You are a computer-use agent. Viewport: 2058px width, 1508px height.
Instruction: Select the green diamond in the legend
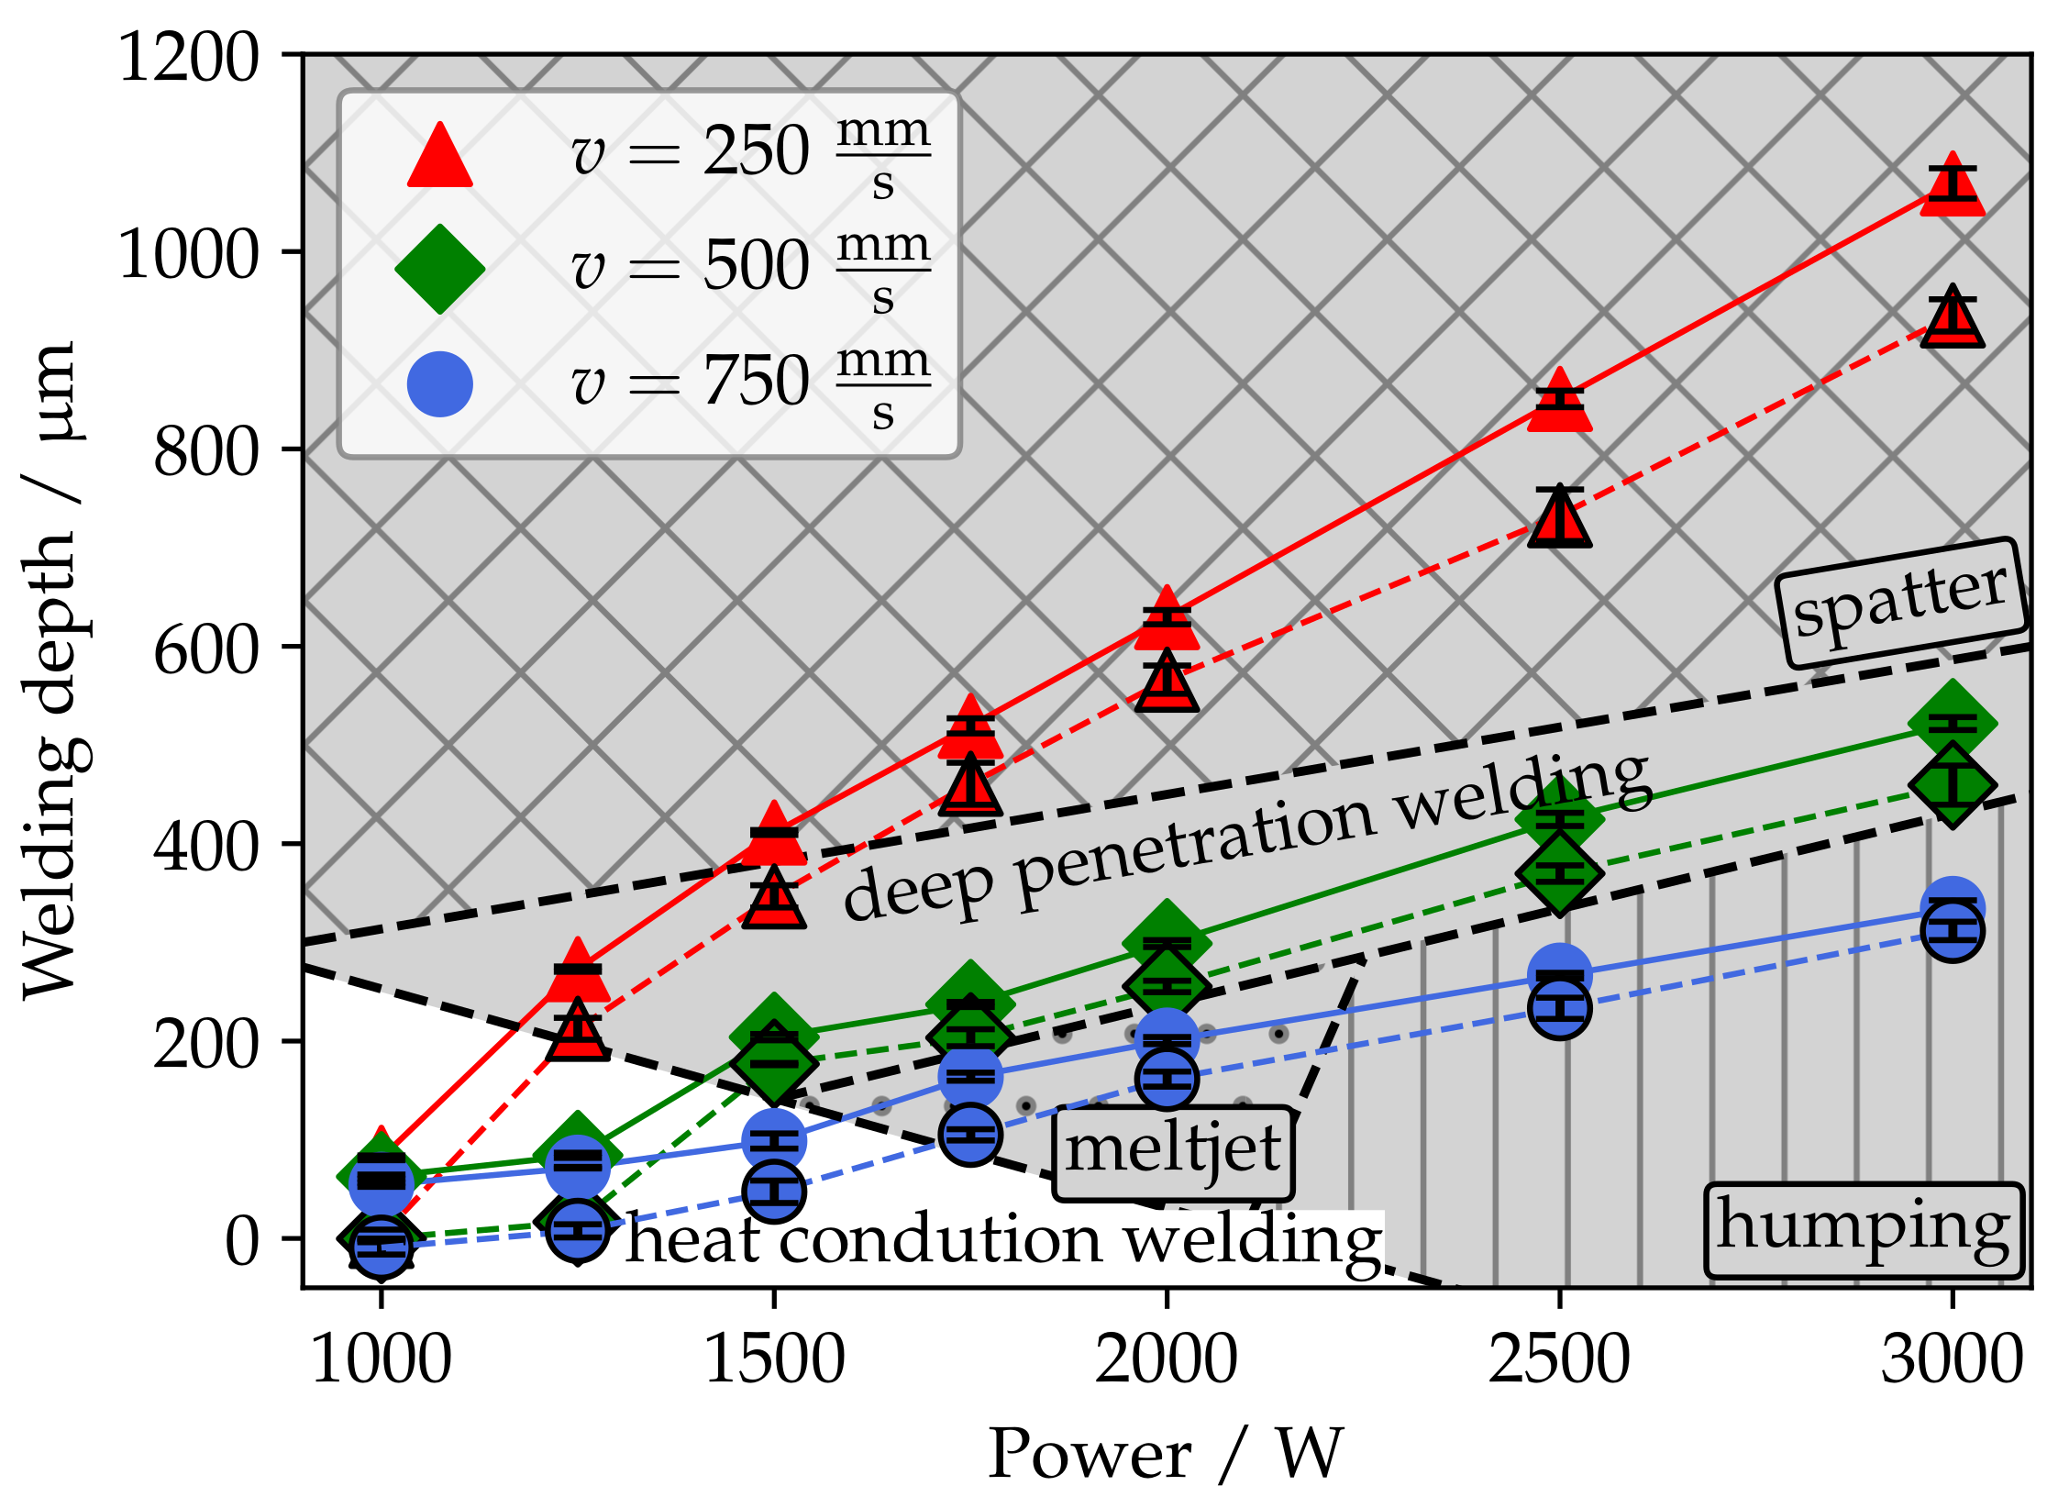(439, 269)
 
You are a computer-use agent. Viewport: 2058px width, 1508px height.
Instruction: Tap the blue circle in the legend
(439, 383)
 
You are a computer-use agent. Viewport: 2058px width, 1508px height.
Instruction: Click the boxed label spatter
(1900, 604)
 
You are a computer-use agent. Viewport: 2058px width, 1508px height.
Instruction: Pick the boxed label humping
(1864, 1230)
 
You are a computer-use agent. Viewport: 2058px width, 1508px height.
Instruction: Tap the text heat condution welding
(1004, 1240)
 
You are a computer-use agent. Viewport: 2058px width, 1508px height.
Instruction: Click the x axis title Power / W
(1165, 1454)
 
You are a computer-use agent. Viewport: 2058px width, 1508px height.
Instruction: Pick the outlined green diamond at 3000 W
(1953, 786)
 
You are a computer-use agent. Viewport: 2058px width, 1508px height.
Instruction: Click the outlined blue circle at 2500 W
(1559, 1008)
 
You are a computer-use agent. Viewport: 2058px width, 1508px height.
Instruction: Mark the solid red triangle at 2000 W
(1167, 622)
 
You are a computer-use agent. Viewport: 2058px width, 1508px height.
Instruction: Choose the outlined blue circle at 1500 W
(774, 1192)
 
